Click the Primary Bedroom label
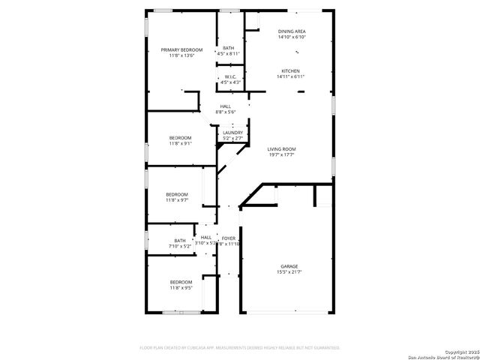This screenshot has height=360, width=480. (181, 49)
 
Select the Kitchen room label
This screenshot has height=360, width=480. (291, 71)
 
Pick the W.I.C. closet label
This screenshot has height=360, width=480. (231, 76)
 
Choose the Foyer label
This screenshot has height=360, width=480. (229, 238)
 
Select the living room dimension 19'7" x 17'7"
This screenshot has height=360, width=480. (282, 155)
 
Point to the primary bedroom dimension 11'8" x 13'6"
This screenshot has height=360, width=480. (181, 55)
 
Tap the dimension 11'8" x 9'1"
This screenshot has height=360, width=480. (180, 143)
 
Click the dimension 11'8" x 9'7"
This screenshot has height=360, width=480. (177, 200)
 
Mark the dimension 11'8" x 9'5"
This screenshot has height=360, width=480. (180, 287)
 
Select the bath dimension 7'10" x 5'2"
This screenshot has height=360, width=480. (180, 246)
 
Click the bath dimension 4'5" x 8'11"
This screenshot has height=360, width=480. (228, 53)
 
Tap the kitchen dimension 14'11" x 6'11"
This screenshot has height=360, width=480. (291, 76)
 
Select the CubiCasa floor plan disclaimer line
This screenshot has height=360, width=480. (240, 347)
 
